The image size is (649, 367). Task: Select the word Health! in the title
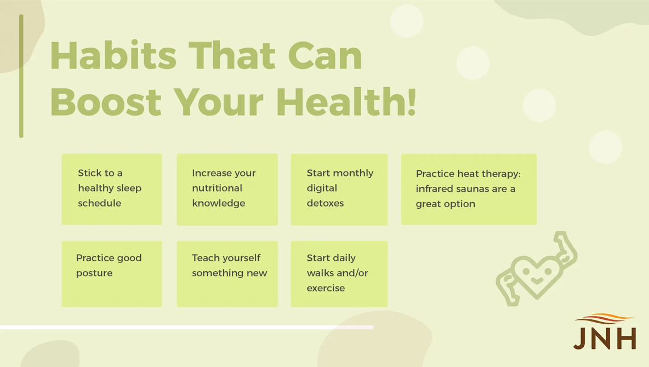click(346, 101)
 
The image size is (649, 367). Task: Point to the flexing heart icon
click(537, 269)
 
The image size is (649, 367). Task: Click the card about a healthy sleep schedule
click(112, 189)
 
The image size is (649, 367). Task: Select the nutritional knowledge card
click(227, 189)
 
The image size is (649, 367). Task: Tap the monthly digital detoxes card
click(339, 189)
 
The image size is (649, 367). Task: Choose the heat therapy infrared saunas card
click(469, 189)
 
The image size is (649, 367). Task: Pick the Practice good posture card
click(112, 274)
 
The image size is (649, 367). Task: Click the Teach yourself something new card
click(227, 274)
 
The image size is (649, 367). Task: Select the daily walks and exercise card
click(339, 274)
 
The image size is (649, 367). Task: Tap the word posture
click(94, 273)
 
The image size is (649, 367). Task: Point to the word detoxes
click(326, 203)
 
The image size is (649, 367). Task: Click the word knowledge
click(219, 203)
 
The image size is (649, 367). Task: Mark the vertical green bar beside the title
click(21, 76)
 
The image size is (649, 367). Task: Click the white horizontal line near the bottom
click(187, 327)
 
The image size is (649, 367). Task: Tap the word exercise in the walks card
click(326, 288)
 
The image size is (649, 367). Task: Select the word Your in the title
click(219, 102)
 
